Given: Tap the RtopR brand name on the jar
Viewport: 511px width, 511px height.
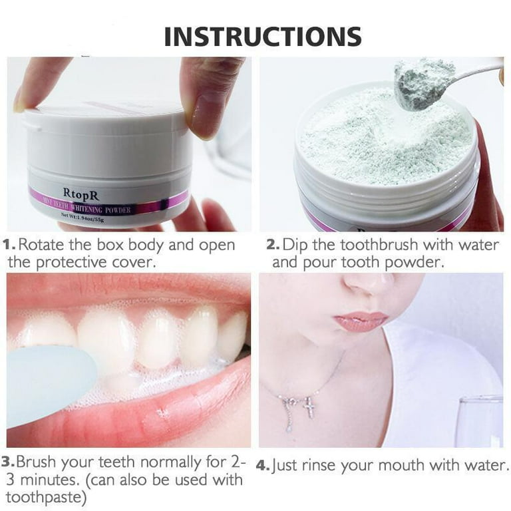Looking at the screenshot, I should point(82,193).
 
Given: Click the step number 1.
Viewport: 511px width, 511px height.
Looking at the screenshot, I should point(11,245).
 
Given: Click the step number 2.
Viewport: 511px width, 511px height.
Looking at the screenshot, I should point(272,245).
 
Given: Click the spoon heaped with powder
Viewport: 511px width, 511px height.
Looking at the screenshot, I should point(419,83).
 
